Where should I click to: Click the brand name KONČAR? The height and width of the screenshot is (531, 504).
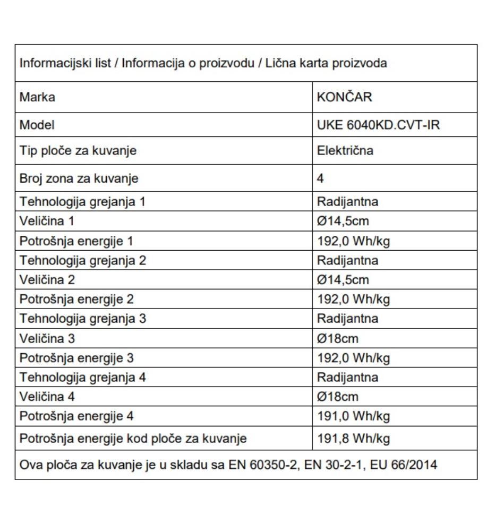(x=344, y=97)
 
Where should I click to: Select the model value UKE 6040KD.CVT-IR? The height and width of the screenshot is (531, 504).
(x=379, y=125)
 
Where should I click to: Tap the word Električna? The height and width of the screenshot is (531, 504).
(x=345, y=151)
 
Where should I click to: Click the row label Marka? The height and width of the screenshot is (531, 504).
(x=37, y=97)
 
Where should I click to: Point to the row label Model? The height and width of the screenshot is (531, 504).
(x=37, y=125)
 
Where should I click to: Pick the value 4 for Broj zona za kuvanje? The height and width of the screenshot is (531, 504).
(x=320, y=178)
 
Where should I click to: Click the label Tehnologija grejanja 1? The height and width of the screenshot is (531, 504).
(x=82, y=202)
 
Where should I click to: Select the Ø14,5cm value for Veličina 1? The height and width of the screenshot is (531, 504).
(x=343, y=221)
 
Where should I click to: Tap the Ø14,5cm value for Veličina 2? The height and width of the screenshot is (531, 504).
(x=343, y=280)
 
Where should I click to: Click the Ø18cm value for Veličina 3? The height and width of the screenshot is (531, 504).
(x=337, y=338)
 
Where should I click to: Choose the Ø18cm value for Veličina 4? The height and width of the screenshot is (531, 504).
(x=337, y=397)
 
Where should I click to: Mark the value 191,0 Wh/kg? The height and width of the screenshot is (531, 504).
(x=353, y=416)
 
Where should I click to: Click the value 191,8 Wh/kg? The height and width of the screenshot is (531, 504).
(x=353, y=439)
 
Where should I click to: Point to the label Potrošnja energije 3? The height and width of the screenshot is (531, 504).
(x=76, y=358)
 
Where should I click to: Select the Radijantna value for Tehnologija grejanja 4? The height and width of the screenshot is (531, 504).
(x=347, y=378)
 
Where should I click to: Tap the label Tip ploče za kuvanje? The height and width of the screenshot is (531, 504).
(x=78, y=151)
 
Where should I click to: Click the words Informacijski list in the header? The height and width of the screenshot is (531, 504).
(x=65, y=63)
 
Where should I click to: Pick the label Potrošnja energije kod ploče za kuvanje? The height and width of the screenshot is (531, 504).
(x=133, y=439)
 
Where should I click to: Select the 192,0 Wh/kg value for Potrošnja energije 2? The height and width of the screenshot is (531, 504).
(x=353, y=299)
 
